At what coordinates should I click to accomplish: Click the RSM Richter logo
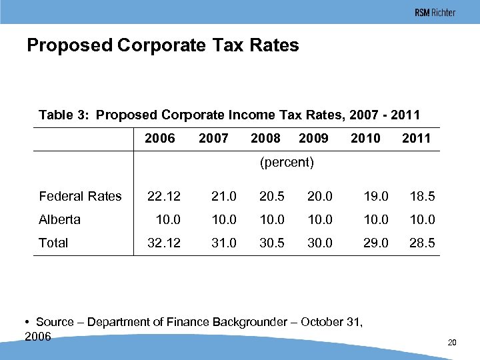[435, 13]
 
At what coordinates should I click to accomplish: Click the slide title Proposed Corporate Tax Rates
[163, 45]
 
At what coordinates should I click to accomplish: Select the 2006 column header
[160, 139]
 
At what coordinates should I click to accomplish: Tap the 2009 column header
[313, 139]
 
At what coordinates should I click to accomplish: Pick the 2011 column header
[417, 139]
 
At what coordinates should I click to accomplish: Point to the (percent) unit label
[287, 162]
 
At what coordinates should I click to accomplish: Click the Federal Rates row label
[80, 196]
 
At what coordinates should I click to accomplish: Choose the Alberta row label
[59, 219]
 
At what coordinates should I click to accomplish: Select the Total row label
[53, 243]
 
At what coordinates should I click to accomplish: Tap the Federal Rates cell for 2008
[271, 196]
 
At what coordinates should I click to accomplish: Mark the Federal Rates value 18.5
[422, 196]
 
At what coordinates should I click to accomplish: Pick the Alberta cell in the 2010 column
[376, 219]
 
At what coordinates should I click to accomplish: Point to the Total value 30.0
[319, 243]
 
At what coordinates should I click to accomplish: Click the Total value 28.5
[422, 243]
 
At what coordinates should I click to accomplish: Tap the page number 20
[451, 343]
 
